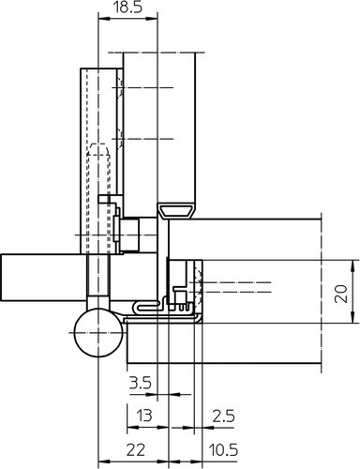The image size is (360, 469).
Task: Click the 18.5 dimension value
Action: (x=127, y=8)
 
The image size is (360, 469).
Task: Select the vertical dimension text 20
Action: (x=341, y=294)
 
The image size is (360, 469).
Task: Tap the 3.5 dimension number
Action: (x=141, y=383)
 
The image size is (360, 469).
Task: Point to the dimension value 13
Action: (x=144, y=416)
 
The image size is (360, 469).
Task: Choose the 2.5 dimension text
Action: (x=223, y=416)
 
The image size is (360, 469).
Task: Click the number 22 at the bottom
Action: (x=136, y=450)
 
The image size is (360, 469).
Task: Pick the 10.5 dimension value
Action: (x=223, y=450)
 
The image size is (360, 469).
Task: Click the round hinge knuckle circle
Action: (x=98, y=332)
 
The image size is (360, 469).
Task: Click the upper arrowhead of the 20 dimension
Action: (x=353, y=265)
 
